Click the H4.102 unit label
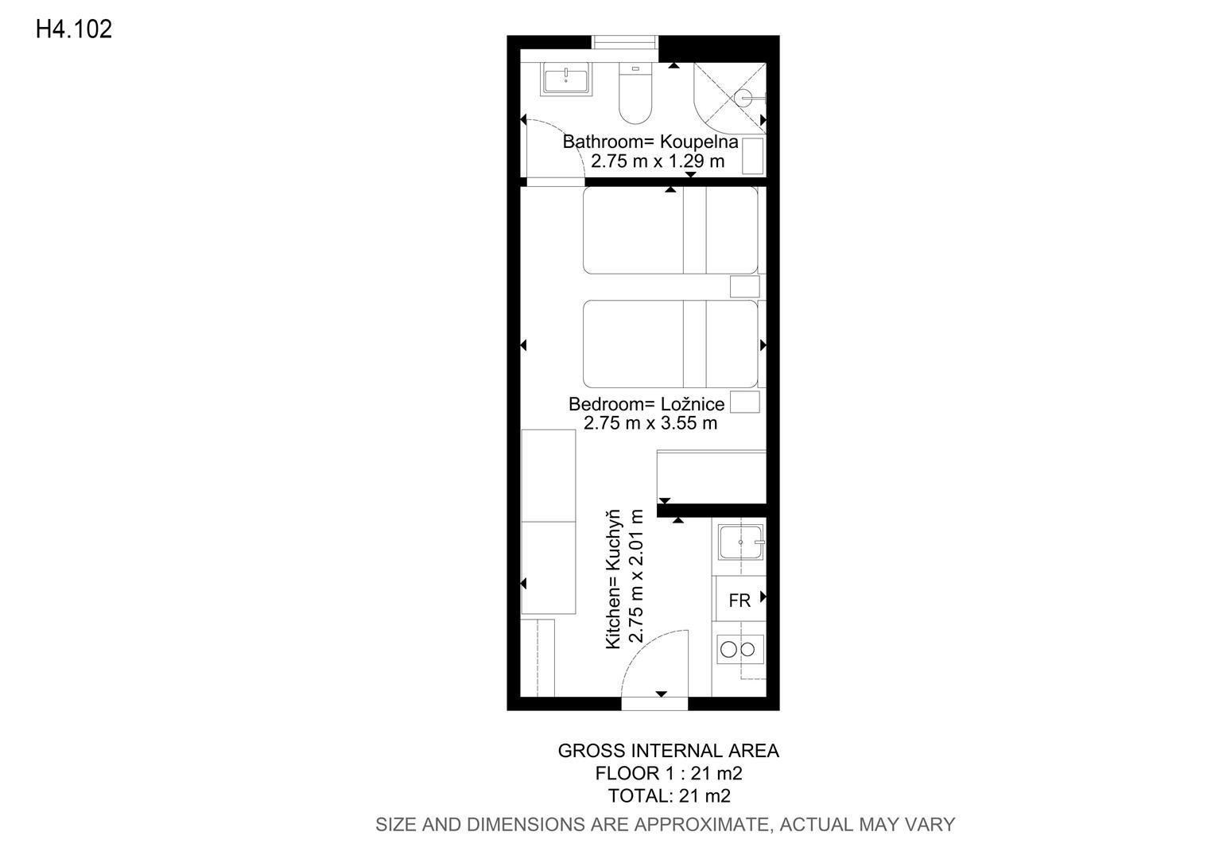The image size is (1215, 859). (74, 29)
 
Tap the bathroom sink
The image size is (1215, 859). (565, 80)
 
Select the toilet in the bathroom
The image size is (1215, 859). (635, 93)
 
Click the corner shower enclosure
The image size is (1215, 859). (729, 98)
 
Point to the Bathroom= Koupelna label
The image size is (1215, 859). (650, 142)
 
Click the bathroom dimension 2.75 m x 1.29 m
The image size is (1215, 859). (658, 161)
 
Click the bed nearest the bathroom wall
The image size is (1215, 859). (670, 230)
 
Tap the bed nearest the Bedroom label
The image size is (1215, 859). (670, 344)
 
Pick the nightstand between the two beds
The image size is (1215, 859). (745, 286)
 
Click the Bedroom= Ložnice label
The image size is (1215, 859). (646, 404)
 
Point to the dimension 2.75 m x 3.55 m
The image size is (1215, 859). (650, 423)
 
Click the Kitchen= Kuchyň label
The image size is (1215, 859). (613, 579)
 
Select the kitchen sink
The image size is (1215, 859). (741, 542)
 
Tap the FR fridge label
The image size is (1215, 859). (739, 601)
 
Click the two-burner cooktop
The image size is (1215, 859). (739, 649)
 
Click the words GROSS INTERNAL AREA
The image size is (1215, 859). (668, 751)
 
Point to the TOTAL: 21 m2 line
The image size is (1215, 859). (670, 795)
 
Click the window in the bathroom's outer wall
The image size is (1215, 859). (625, 42)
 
